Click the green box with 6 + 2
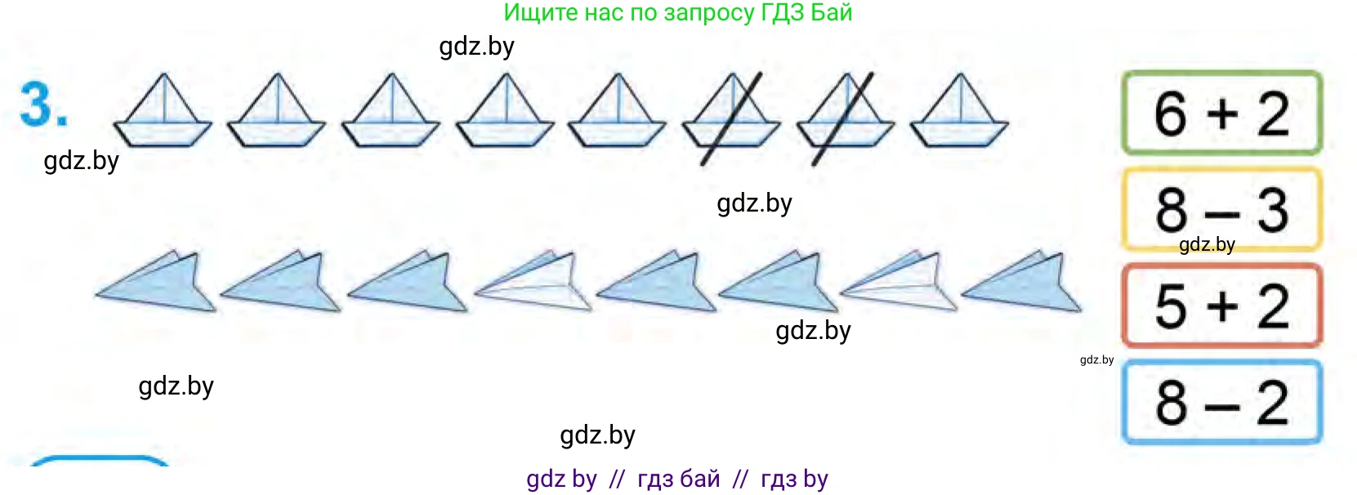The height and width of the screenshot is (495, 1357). click(1221, 113)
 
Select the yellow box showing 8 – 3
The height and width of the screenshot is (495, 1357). click(1221, 210)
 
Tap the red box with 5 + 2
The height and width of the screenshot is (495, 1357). click(1221, 305)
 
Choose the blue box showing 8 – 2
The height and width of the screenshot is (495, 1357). click(1221, 402)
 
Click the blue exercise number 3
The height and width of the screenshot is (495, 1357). click(43, 105)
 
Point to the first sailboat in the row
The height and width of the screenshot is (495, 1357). click(163, 110)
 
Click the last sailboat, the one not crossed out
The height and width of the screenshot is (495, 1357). click(960, 110)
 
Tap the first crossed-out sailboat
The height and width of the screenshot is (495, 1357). click(732, 115)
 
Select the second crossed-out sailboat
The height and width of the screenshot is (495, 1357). click(845, 115)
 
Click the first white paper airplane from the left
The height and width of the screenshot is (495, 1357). click(533, 283)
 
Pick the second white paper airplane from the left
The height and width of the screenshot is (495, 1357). click(899, 283)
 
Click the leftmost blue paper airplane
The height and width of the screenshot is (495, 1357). click(156, 283)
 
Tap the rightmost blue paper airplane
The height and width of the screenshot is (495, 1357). click(1022, 283)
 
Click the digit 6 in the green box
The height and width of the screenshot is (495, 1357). click(1171, 114)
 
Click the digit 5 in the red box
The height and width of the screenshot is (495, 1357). click(1171, 307)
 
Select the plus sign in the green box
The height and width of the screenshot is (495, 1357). click(1222, 114)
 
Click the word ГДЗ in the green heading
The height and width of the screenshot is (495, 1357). click(783, 12)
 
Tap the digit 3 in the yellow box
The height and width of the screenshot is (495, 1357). click(1273, 210)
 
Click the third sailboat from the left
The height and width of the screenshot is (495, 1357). click(391, 110)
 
